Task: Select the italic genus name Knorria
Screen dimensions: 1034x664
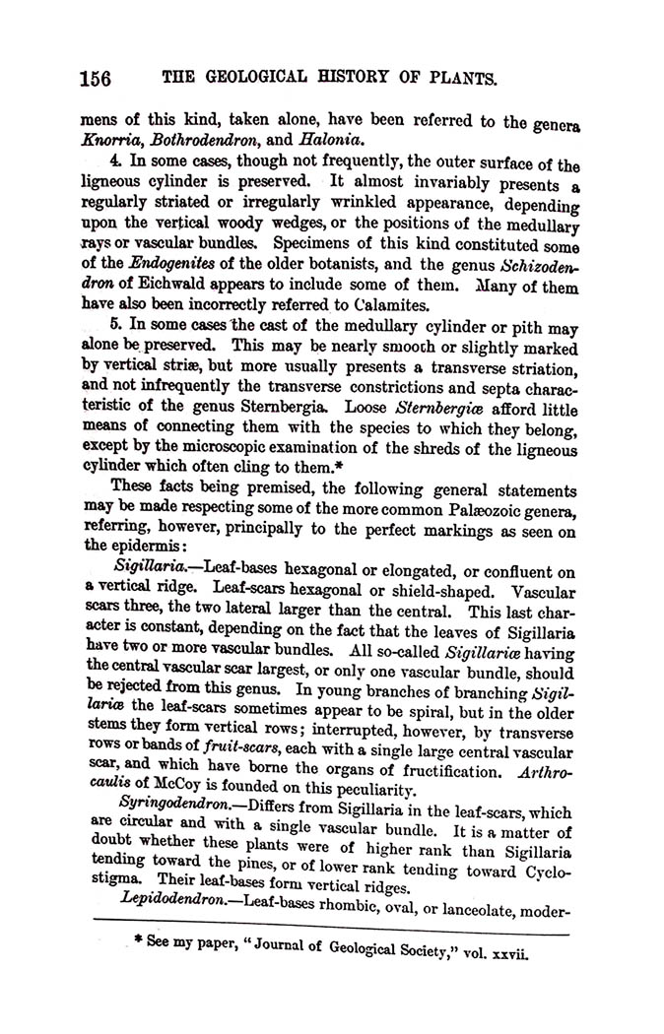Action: (107, 141)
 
